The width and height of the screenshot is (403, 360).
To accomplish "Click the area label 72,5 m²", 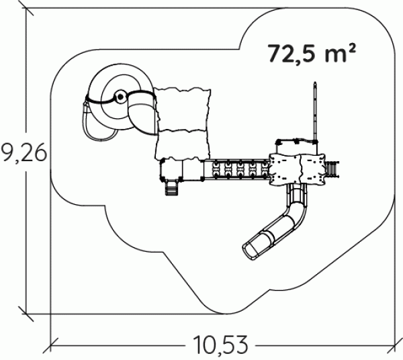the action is click(312, 54).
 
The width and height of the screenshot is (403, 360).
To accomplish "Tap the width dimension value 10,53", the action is click(221, 345).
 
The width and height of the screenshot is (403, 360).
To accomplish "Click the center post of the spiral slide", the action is click(120, 97).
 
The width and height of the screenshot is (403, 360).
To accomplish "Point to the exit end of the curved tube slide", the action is click(251, 249).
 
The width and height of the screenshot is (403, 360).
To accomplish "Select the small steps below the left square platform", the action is click(171, 187).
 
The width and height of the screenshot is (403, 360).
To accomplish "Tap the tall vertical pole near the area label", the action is click(315, 111).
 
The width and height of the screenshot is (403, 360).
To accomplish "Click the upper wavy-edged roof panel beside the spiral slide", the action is click(183, 109).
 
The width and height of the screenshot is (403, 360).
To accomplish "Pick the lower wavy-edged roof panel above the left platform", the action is click(183, 144).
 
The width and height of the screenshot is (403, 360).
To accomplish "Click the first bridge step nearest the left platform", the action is click(216, 169).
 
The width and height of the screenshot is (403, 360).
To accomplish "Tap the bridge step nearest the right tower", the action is click(265, 169).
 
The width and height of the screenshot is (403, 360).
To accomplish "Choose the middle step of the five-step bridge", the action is click(240, 169).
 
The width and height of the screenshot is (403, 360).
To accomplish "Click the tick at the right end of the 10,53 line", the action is click(395, 346).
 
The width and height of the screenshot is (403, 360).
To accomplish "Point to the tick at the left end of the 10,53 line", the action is click(50, 346).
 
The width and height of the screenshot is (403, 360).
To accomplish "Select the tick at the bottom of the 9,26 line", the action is click(26, 314).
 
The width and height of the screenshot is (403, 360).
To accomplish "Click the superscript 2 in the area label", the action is click(352, 48).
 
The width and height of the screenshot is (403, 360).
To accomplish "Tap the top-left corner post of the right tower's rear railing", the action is click(278, 142).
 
